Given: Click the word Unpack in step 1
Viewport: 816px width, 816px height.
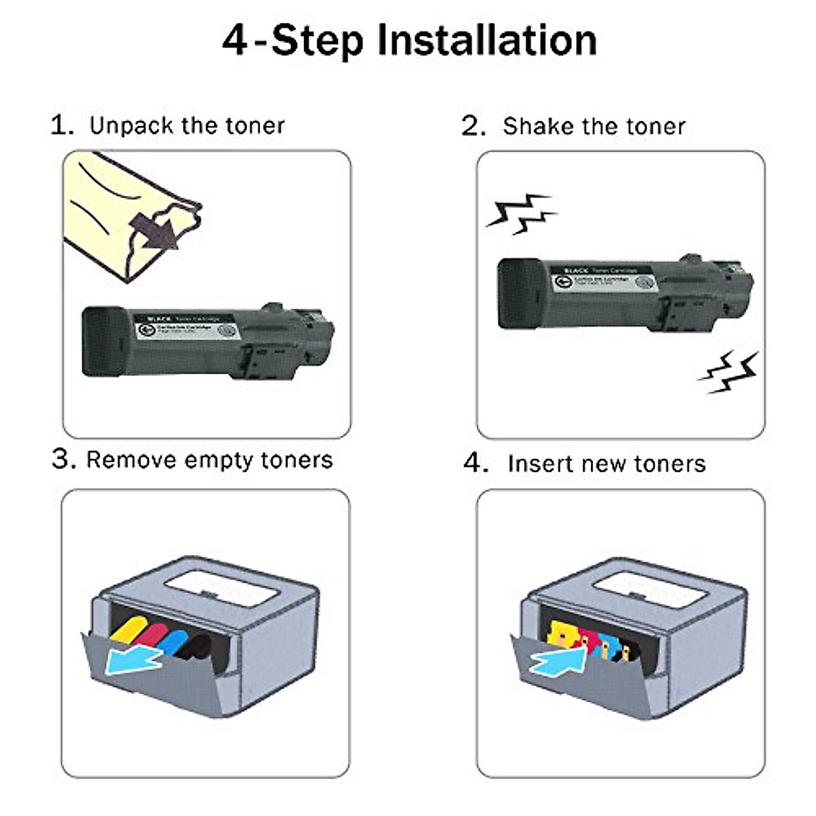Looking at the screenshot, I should click(x=132, y=126).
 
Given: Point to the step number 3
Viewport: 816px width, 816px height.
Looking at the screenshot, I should click(x=63, y=460).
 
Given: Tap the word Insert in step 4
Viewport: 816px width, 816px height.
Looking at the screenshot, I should click(x=539, y=464).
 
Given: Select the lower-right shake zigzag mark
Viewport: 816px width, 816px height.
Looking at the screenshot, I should click(x=729, y=373).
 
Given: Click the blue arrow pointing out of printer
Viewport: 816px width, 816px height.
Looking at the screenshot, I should click(x=134, y=660).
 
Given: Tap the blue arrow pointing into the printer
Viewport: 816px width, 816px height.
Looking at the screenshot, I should click(x=557, y=659).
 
